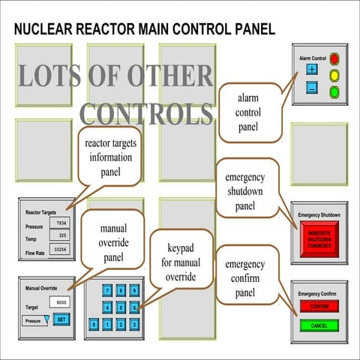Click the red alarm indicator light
pos(334,58)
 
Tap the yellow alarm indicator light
pos(334,75)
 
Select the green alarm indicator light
pos(334,91)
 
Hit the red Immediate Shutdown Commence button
pos(319,240)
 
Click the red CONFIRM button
pos(319,306)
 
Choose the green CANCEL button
pos(319,325)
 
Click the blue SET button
pos(61,319)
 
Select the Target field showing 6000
pos(60,301)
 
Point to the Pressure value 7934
pos(61,223)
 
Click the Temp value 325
pos(61,235)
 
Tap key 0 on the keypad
pos(94,324)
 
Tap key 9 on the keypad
pos(134,290)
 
